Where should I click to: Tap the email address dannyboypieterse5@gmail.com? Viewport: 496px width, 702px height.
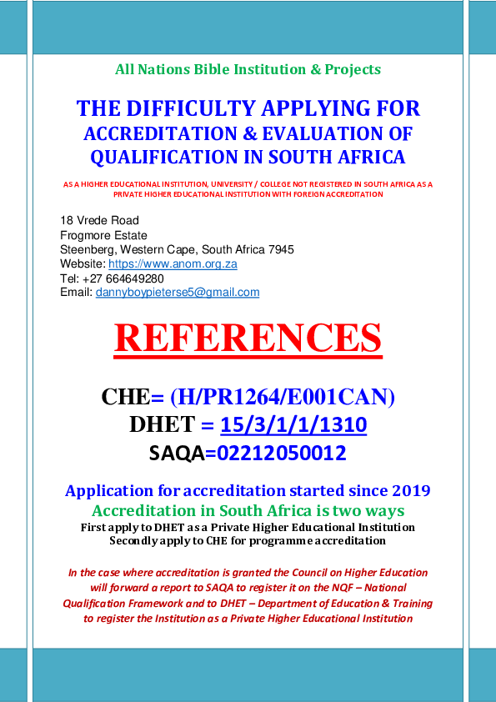[x=178, y=292]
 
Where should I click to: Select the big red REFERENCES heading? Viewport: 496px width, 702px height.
[x=248, y=338]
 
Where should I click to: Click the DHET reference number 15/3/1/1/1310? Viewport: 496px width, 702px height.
[x=293, y=425]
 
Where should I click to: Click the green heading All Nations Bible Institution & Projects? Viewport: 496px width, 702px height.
[x=248, y=69]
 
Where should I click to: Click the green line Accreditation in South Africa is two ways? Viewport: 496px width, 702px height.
[x=248, y=510]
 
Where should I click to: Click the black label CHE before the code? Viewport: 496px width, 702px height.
[x=125, y=397]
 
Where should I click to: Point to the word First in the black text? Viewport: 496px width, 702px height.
[x=95, y=527]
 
